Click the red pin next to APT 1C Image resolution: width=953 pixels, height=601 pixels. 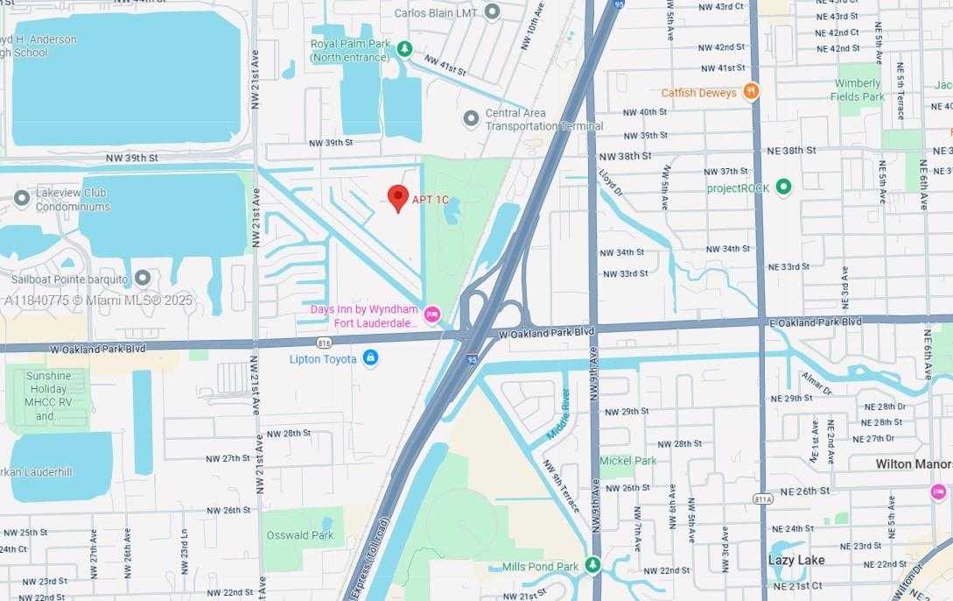pyautogui.click(x=398, y=198)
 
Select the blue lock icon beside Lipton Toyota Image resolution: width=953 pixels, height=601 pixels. pyautogui.click(x=371, y=358)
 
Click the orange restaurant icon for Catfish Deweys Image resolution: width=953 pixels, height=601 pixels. pyautogui.click(x=750, y=91)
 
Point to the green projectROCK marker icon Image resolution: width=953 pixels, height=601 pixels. pyautogui.click(x=783, y=187)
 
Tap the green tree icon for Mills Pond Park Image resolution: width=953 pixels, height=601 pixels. pyautogui.click(x=592, y=565)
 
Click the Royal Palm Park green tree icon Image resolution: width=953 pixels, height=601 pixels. pyautogui.click(x=403, y=49)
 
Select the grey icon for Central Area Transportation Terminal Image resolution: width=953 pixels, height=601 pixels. pyautogui.click(x=471, y=117)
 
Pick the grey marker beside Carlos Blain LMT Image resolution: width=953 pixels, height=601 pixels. pyautogui.click(x=492, y=12)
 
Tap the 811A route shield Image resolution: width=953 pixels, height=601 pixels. pyautogui.click(x=762, y=498)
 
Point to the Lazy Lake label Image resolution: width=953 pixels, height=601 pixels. pyautogui.click(x=795, y=560)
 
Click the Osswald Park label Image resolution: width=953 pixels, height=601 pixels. pyautogui.click(x=298, y=535)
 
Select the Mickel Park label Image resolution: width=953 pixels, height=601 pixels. pyautogui.click(x=627, y=461)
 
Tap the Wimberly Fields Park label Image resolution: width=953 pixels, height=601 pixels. pyautogui.click(x=859, y=90)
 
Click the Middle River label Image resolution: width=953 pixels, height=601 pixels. pyautogui.click(x=557, y=413)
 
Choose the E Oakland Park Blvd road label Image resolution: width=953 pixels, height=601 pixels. pyautogui.click(x=816, y=322)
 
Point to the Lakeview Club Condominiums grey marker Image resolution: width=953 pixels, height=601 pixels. pyautogui.click(x=22, y=200)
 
